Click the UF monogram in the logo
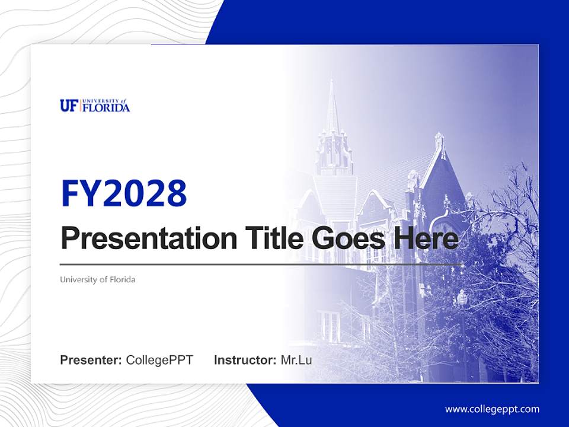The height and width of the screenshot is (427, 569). pyautogui.click(x=68, y=106)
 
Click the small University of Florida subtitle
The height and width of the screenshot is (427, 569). pyautogui.click(x=98, y=279)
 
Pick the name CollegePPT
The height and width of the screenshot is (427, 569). pyautogui.click(x=159, y=360)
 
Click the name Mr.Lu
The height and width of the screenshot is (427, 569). pyautogui.click(x=296, y=360)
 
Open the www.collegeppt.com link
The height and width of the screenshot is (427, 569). pyautogui.click(x=492, y=409)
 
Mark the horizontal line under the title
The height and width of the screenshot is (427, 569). pyautogui.click(x=261, y=264)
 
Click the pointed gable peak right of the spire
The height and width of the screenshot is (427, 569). pyautogui.click(x=439, y=136)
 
